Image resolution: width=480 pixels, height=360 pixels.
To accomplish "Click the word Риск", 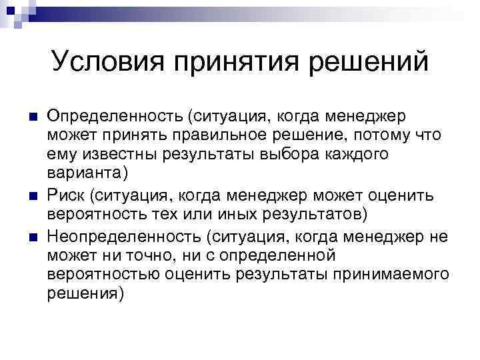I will click(66, 196).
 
